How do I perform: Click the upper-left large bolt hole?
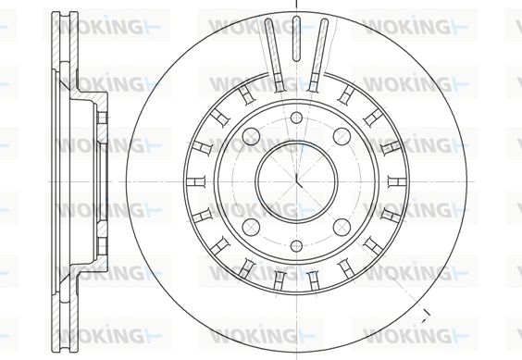tap(251, 137)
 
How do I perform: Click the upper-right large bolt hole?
tap(342, 137)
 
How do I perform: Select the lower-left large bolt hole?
tap(251, 227)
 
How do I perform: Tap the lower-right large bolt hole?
tap(342, 227)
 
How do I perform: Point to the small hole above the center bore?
tap(296, 118)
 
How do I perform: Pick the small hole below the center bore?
tap(296, 246)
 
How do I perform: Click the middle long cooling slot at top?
tap(296, 39)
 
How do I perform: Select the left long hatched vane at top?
tap(274, 55)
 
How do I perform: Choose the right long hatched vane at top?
tap(318, 55)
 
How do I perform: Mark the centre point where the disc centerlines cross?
tap(296, 181)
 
